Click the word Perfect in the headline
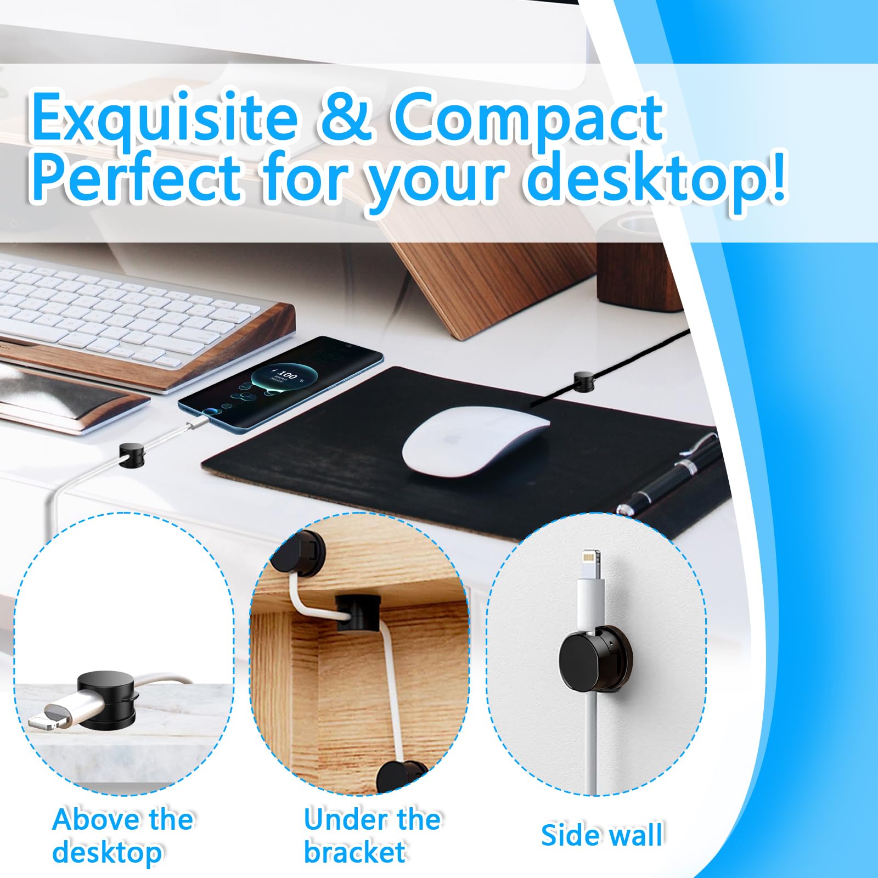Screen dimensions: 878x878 click(136, 175)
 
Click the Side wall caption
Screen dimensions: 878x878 click(602, 835)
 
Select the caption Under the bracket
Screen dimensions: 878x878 click(372, 836)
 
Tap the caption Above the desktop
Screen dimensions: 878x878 click(122, 836)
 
